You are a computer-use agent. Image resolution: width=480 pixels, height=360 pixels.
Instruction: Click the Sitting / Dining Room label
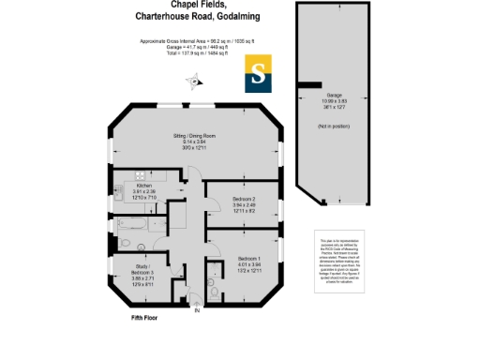point(194,136)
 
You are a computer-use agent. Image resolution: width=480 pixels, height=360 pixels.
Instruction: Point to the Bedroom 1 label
point(250,258)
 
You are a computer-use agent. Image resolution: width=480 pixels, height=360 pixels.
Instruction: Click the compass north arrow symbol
point(195,81)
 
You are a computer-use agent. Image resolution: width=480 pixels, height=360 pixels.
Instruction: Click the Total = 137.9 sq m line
point(194,59)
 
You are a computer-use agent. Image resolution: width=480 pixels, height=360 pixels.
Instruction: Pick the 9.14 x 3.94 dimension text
point(194,142)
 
